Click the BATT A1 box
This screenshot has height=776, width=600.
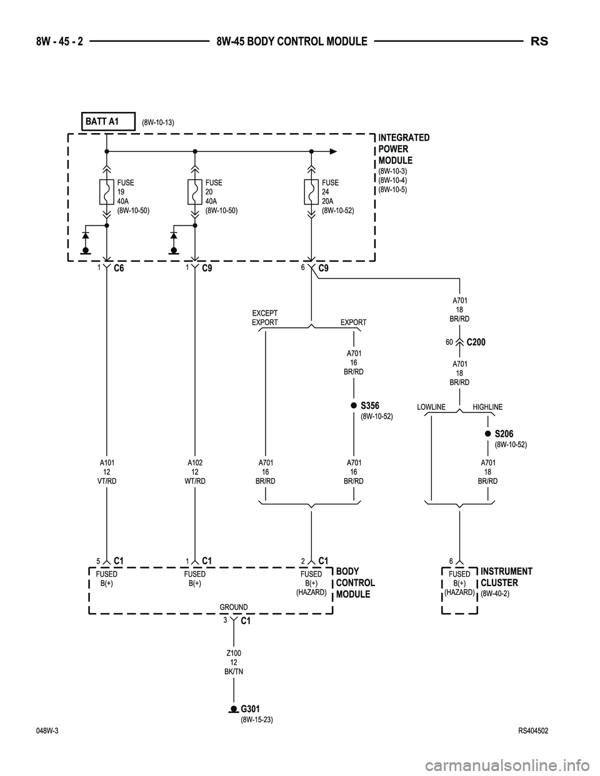(x=109, y=121)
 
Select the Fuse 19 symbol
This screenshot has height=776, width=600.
(x=107, y=192)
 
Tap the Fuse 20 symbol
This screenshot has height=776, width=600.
(x=195, y=192)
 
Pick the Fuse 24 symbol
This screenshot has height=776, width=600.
(x=311, y=192)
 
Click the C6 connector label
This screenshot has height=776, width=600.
(x=119, y=269)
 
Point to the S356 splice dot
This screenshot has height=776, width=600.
(x=354, y=406)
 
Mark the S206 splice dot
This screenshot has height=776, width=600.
(x=487, y=434)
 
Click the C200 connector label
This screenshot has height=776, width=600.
(x=476, y=342)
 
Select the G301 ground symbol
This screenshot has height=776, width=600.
(x=234, y=709)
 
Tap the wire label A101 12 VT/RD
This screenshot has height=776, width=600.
(x=107, y=472)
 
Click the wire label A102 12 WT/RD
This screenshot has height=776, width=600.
(x=195, y=472)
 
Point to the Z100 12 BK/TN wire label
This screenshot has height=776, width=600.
(x=233, y=662)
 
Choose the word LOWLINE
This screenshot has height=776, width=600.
(x=431, y=407)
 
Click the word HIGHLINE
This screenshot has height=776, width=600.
(x=487, y=407)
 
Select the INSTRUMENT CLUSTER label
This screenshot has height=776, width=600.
(x=506, y=577)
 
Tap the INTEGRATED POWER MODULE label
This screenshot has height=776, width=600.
(x=404, y=149)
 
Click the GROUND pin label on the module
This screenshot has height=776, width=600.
(x=233, y=607)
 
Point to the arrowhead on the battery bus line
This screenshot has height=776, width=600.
(x=333, y=151)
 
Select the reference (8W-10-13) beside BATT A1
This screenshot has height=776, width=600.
(x=157, y=122)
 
